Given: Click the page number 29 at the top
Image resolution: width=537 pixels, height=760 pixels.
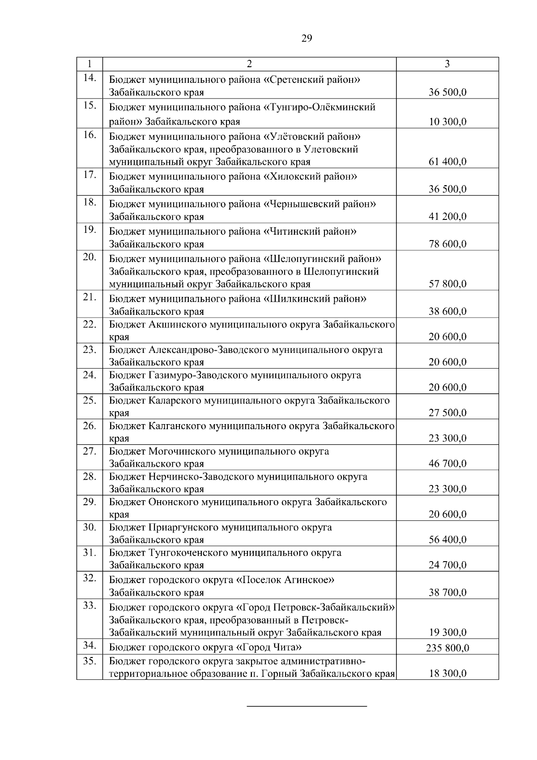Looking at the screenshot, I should point(307,39).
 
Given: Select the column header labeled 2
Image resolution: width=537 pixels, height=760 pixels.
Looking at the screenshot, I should point(249,64).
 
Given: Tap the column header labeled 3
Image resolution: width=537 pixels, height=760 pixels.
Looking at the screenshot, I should point(447,64).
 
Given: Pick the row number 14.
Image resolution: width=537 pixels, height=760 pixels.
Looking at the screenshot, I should point(89,78).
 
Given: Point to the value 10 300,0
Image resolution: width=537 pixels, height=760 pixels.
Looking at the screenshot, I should point(447,121).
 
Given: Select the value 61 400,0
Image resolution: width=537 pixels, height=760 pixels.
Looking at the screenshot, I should point(447,162).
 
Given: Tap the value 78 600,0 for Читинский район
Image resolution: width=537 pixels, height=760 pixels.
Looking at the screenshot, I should point(447,244).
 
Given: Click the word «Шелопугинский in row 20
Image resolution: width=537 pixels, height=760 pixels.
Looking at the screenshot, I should point(297,259).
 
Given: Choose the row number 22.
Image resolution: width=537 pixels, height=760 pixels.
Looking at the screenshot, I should point(89,324).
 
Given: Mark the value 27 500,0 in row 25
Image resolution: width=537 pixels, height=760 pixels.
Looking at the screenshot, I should point(447,412).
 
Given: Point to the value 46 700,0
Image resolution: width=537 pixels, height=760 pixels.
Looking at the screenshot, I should point(447,464).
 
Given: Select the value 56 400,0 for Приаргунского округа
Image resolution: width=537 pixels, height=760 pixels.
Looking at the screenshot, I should point(447,540).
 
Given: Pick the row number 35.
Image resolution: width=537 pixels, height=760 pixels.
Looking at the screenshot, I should point(89,661).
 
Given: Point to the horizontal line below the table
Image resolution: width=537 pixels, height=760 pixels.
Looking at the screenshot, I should point(307,707).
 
